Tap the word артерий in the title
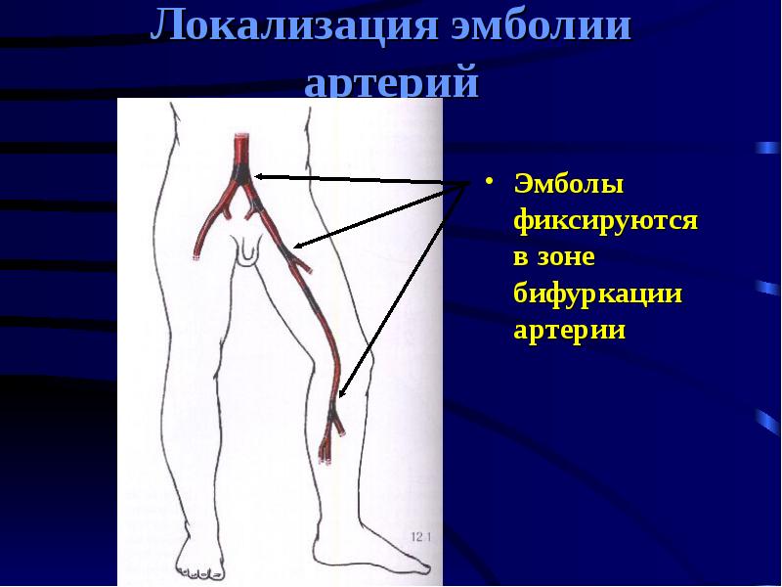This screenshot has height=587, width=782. pos(391,82)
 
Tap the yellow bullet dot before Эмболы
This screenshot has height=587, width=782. pos(491,183)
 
